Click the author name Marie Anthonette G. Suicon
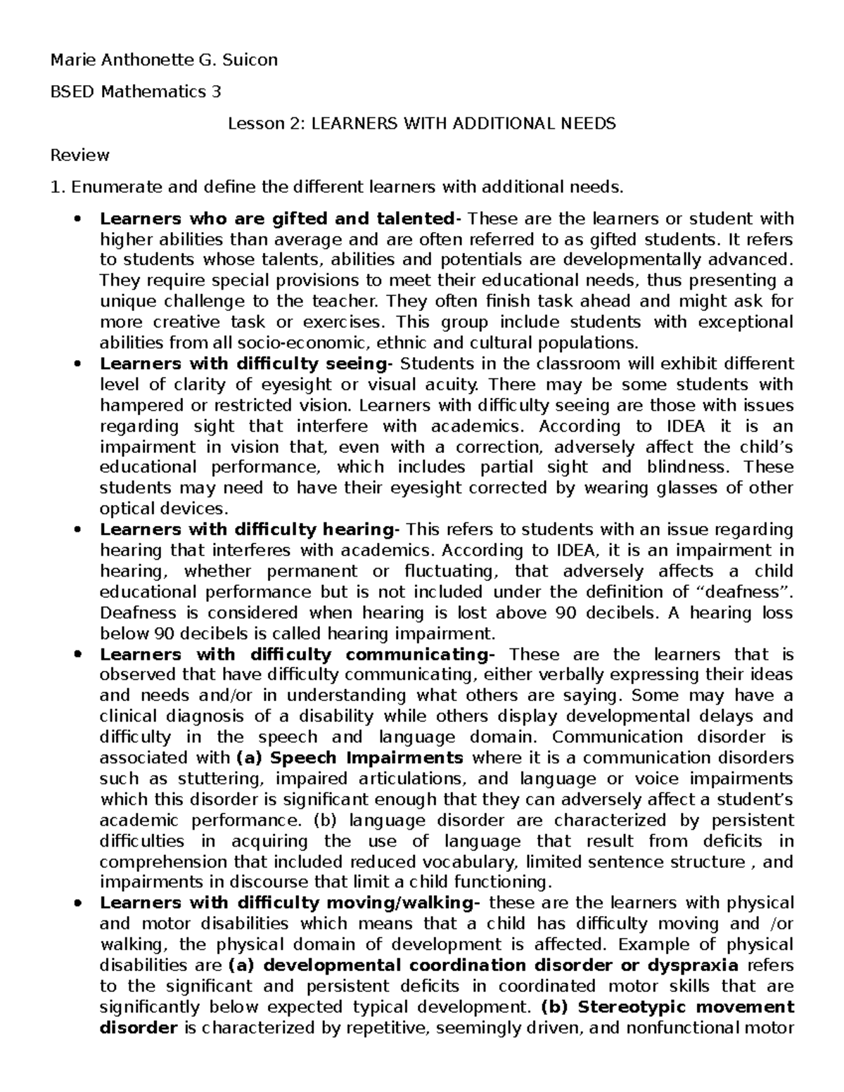pyautogui.click(x=164, y=60)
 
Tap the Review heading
pyautogui.click(x=79, y=155)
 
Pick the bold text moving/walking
pyautogui.click(x=416, y=903)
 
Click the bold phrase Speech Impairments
pyautogui.click(x=366, y=758)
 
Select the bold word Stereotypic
pyautogui.click(x=633, y=1006)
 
